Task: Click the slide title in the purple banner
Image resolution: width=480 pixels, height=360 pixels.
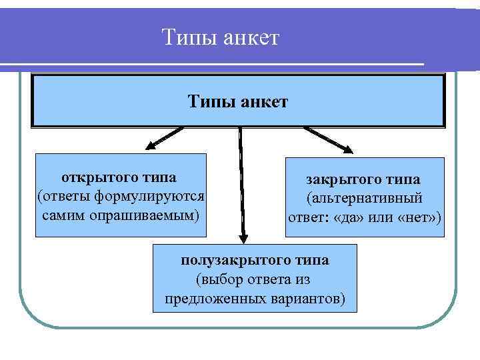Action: click(221, 37)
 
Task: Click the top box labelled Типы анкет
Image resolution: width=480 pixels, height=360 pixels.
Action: click(238, 101)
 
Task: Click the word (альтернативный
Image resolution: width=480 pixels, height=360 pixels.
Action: click(364, 199)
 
